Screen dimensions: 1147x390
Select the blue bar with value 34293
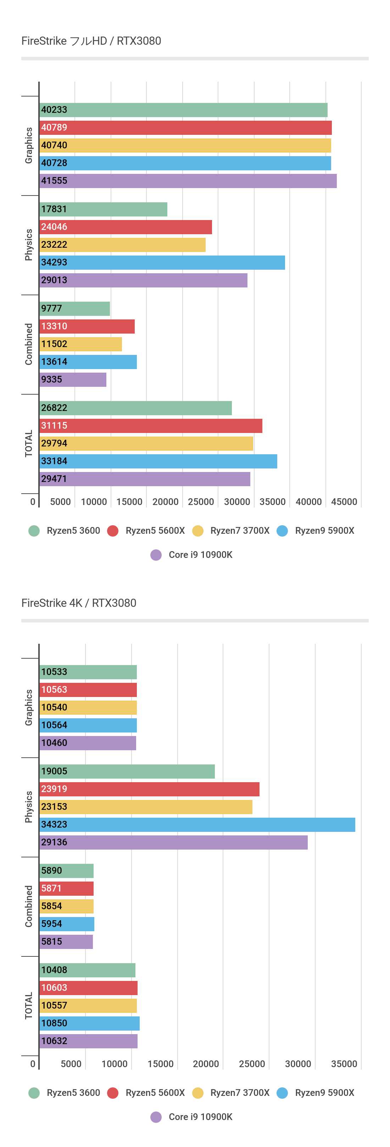click(162, 262)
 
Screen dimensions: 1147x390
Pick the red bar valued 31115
click(151, 426)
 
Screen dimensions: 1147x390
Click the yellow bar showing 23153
click(146, 807)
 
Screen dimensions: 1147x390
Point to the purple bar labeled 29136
click(173, 843)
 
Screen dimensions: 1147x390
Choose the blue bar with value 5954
click(67, 924)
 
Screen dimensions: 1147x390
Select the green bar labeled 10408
click(87, 970)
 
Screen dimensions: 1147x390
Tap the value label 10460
click(54, 743)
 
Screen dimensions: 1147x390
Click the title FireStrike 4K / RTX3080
click(79, 603)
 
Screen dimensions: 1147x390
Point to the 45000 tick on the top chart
click(344, 502)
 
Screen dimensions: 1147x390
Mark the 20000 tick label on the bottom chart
click(205, 1064)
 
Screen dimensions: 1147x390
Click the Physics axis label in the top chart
click(28, 245)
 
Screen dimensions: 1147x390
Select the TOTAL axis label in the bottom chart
click(28, 1006)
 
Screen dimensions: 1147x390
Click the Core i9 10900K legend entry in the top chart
click(200, 555)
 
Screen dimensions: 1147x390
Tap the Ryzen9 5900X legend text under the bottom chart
click(324, 1093)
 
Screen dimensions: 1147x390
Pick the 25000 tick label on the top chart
click(201, 502)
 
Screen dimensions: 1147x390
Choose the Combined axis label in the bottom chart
click(28, 906)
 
